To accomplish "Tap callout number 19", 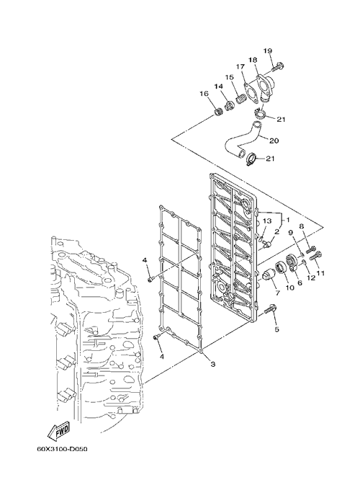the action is tap(268, 51).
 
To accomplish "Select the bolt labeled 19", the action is tap(278, 67).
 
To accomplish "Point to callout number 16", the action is tap(204, 94).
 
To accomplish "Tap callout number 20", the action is tap(274, 140).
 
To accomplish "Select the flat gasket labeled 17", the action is tap(251, 92).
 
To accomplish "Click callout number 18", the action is tap(253, 60).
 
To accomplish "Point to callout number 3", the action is tap(213, 364).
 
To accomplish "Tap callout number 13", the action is tap(267, 221).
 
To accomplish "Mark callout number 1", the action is tap(288, 220).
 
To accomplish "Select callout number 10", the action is tap(289, 288).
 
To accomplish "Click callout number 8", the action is tap(302, 226).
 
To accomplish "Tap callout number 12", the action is tap(311, 277).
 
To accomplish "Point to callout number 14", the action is tap(218, 86).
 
